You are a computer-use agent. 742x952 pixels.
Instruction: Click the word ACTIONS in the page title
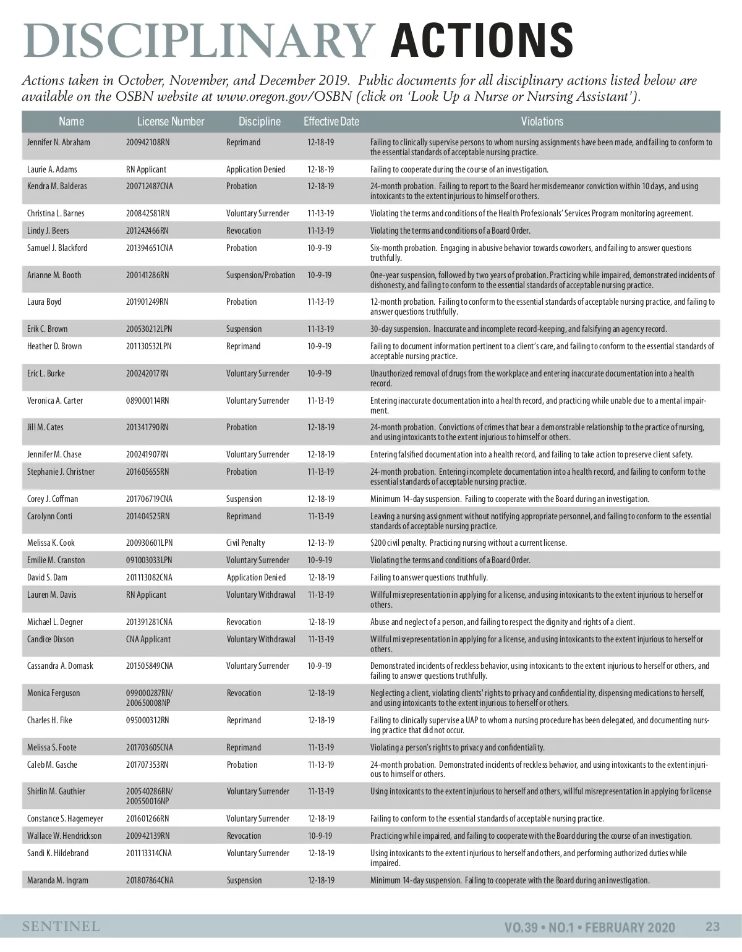482,41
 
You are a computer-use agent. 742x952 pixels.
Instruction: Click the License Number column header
171,122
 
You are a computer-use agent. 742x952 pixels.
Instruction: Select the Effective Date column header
331,122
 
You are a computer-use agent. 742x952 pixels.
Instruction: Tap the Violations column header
542,122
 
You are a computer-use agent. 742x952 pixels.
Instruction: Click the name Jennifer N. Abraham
59,142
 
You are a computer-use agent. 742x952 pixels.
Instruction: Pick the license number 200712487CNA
150,186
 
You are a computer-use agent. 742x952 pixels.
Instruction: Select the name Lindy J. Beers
48,231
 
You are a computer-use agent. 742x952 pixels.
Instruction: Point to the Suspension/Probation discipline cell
260,275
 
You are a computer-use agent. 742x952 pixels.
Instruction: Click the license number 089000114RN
147,401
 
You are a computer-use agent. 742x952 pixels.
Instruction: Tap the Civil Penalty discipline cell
245,543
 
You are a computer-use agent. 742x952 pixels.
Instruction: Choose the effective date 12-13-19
320,543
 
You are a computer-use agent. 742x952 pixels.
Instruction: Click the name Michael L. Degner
55,622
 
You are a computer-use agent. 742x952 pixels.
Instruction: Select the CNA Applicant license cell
148,639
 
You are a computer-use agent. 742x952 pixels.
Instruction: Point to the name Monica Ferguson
54,693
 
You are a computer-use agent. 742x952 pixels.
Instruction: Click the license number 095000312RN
147,720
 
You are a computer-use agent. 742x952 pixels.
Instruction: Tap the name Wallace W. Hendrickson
64,836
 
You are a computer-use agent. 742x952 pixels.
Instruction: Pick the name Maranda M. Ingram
58,880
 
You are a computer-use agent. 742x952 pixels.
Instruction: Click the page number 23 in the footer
712,927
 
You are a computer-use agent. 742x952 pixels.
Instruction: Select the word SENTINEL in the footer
61,927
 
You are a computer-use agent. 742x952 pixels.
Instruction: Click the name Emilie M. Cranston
56,560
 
